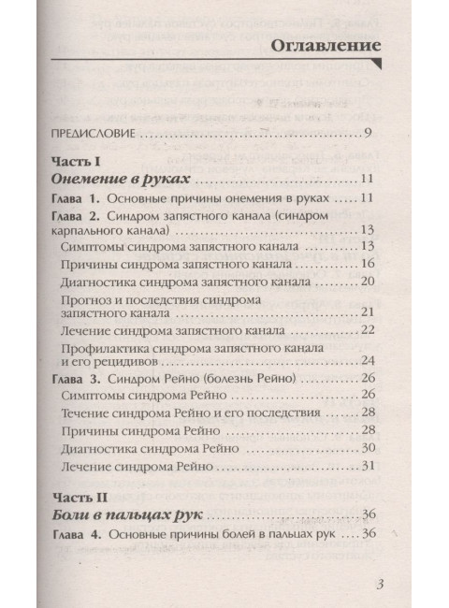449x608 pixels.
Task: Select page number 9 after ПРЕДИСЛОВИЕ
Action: pyautogui.click(x=370, y=133)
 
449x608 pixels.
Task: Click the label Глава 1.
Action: pyautogui.click(x=77, y=198)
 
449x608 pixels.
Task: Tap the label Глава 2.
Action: pyautogui.click(x=77, y=217)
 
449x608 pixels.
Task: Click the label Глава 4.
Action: pyautogui.click(x=77, y=535)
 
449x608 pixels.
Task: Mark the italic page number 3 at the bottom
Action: pyautogui.click(x=379, y=585)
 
